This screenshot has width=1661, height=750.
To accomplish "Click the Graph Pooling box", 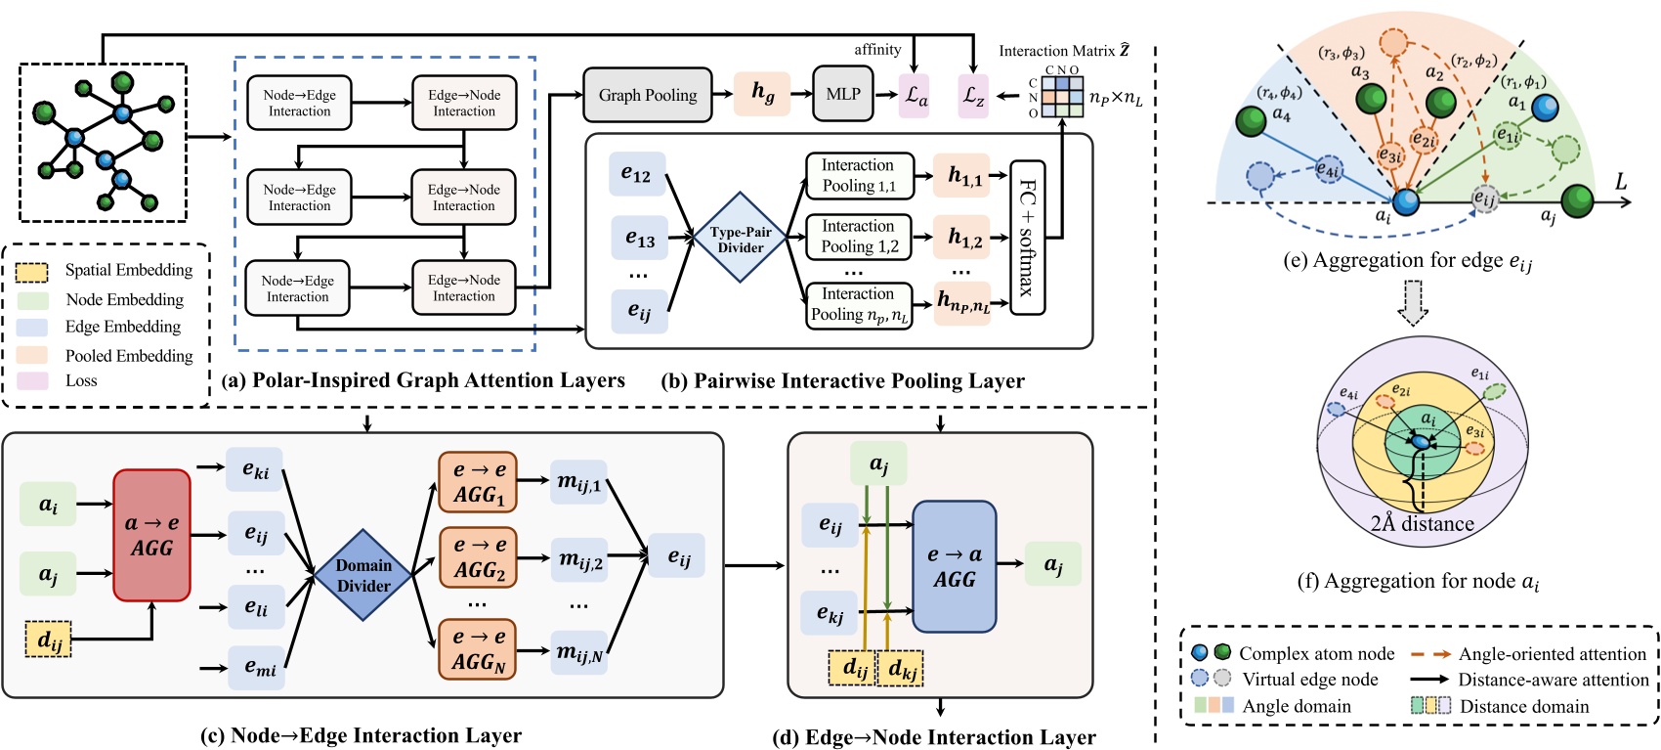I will click(x=648, y=95).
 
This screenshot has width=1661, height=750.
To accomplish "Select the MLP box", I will click(x=843, y=94).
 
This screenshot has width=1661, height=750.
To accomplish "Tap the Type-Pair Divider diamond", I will click(x=741, y=240).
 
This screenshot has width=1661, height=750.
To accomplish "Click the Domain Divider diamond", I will click(x=363, y=575).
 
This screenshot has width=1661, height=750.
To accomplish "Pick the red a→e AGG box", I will click(x=151, y=535).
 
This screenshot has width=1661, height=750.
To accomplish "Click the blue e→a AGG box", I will click(x=954, y=566).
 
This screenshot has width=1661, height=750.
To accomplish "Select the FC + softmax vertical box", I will click(x=1027, y=238).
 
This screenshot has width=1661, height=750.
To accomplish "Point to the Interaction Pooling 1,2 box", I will click(x=859, y=237).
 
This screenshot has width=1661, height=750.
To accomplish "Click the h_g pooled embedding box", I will click(x=762, y=93).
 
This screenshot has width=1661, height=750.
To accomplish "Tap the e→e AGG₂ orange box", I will click(x=478, y=557).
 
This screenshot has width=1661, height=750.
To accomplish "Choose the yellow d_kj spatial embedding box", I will click(x=903, y=669).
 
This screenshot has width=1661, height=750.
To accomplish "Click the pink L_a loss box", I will click(x=915, y=96).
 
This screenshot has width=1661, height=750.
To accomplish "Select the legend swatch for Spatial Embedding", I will click(x=32, y=271).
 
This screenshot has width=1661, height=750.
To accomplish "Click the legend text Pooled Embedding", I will click(x=129, y=355).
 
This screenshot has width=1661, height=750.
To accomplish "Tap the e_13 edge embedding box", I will click(x=640, y=239).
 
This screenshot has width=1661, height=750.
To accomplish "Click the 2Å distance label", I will click(x=1422, y=523).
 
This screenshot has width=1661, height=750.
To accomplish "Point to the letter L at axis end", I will click(x=1620, y=182).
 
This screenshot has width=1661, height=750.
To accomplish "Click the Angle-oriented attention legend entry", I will click(x=1552, y=654).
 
